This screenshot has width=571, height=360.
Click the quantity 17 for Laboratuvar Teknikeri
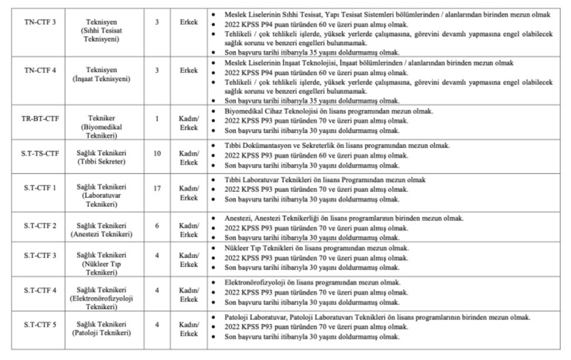pyautogui.click(x=157, y=188)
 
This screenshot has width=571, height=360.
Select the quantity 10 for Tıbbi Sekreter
pyautogui.click(x=157, y=153)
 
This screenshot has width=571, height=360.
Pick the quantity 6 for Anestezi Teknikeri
pyautogui.click(x=157, y=226)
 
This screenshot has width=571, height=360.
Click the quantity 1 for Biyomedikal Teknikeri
pyautogui.click(x=157, y=119)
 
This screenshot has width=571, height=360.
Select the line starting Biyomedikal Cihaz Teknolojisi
pyautogui.click(x=328, y=111)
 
